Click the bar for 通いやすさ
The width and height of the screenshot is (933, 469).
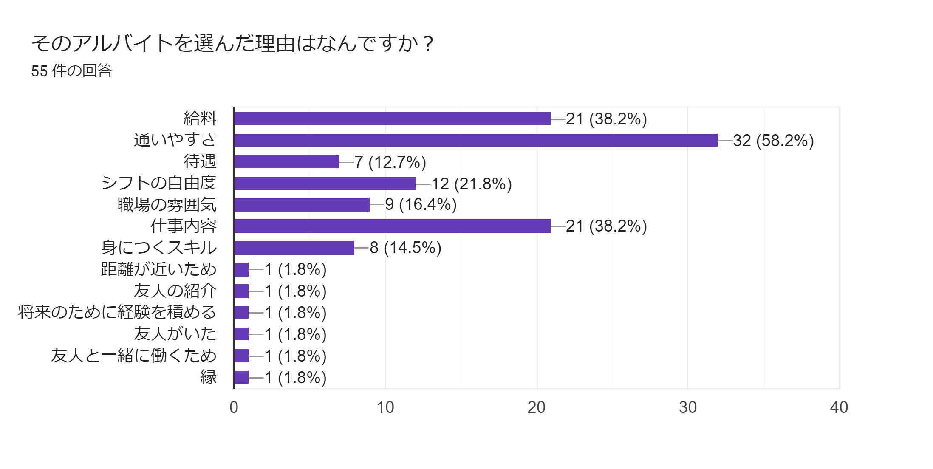click(475, 140)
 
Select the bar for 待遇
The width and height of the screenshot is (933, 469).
click(286, 162)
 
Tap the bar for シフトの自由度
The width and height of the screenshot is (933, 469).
click(325, 184)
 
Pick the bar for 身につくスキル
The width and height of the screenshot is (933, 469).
click(294, 248)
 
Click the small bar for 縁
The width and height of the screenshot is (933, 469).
click(241, 377)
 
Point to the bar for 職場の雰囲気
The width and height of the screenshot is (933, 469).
click(302, 205)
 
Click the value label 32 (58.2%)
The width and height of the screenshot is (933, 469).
click(773, 141)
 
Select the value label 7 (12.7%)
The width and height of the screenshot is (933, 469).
click(390, 162)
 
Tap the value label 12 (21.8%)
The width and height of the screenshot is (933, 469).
click(472, 184)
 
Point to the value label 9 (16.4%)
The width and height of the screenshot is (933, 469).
click(421, 205)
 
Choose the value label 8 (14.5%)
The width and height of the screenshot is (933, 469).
click(405, 248)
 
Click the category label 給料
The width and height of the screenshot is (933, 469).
click(200, 119)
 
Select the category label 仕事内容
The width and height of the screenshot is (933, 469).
click(184, 226)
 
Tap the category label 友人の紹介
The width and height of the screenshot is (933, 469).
click(175, 291)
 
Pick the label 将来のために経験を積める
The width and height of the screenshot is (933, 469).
click(117, 312)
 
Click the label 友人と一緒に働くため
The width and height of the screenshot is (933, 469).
click(134, 356)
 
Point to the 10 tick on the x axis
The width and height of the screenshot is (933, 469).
click(385, 407)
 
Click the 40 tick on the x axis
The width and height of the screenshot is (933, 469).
click(839, 407)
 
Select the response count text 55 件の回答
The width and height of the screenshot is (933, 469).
click(72, 71)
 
